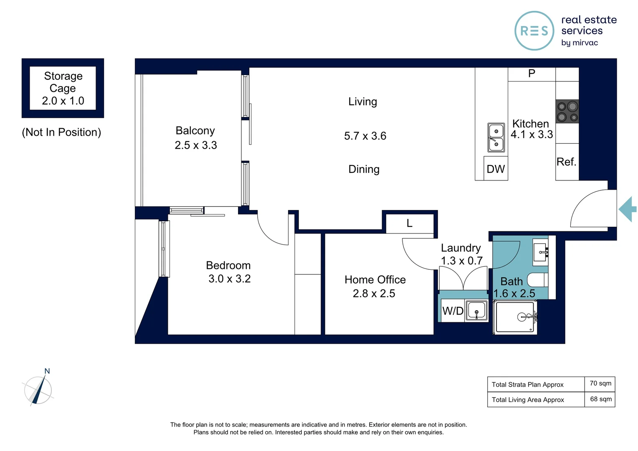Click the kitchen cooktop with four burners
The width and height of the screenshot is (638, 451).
(x=567, y=111)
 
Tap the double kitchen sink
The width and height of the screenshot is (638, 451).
(x=496, y=138)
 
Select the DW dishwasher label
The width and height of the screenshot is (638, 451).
(x=496, y=169)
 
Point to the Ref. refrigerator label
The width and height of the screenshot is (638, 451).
(x=566, y=162)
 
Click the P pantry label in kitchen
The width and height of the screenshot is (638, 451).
(x=532, y=73)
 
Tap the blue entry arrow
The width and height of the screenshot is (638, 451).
(x=628, y=209)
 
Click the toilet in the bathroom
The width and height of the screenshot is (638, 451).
(x=537, y=280)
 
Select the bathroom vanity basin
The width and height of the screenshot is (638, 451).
(x=540, y=252)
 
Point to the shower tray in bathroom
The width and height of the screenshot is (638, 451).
(x=515, y=317)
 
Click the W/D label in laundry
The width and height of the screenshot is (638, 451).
(x=453, y=311)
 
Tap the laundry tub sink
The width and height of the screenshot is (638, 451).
(x=476, y=311)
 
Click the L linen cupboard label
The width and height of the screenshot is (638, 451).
(x=410, y=223)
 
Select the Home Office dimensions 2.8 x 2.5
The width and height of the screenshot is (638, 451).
(x=374, y=294)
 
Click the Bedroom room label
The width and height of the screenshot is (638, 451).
(x=228, y=265)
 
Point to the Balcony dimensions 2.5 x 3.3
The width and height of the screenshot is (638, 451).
(x=196, y=145)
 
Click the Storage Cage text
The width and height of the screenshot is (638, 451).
(x=63, y=82)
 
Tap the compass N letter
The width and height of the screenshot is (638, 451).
(x=47, y=371)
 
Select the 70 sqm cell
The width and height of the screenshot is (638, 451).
(x=600, y=383)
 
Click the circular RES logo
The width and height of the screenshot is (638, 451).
(x=534, y=31)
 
